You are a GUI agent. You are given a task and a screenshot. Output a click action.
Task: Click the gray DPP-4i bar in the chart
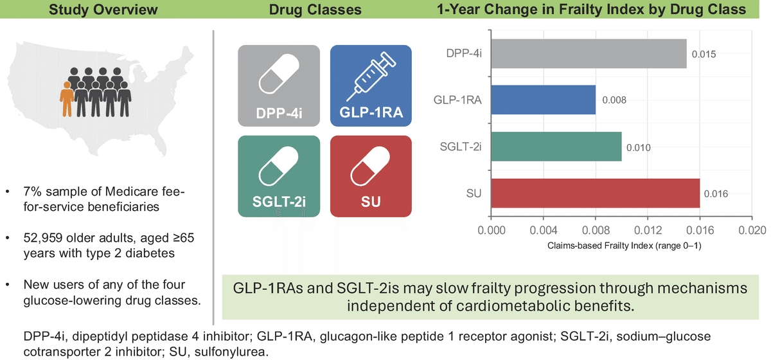coord(589,53)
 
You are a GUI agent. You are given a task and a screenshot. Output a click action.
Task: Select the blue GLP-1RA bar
coord(543,100)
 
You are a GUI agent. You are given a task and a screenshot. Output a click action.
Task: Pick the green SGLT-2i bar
coord(556,147)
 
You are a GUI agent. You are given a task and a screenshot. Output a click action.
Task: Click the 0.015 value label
coord(704,54)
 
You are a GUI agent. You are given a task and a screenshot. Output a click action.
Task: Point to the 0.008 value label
coord(614,100)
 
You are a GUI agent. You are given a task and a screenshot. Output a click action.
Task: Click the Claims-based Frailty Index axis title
coord(621,246)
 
